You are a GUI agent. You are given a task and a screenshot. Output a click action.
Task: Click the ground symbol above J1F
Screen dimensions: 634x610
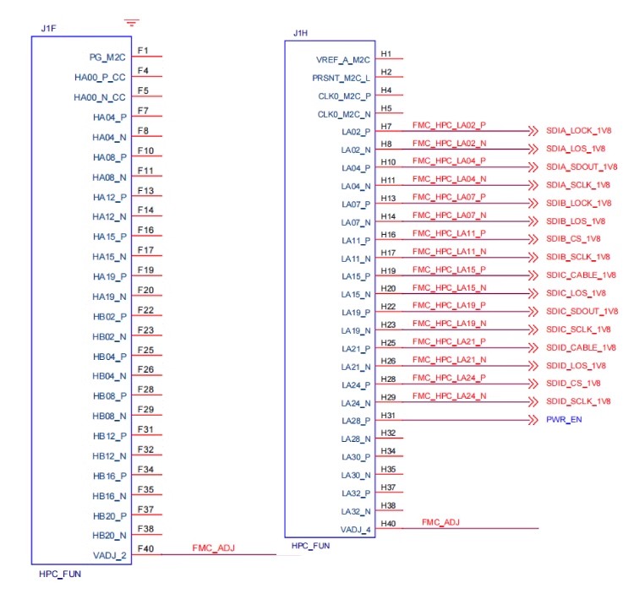131,22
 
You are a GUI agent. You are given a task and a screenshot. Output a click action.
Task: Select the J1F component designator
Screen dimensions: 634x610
48,28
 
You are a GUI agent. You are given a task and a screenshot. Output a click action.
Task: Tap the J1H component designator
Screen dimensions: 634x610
300,33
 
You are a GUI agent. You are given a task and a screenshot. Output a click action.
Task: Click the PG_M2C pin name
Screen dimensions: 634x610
107,57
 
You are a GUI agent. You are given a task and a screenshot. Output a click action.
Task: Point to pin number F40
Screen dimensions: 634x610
145,548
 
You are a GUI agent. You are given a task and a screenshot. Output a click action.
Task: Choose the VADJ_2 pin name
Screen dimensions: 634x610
110,556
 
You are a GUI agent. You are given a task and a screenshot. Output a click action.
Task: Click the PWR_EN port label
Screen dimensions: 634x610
564,420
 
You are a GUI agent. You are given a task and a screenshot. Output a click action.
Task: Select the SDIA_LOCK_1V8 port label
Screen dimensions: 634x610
578,131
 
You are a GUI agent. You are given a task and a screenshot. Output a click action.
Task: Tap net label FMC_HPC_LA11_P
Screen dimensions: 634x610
449,233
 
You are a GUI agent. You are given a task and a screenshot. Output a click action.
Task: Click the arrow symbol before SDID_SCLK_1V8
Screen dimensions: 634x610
533,401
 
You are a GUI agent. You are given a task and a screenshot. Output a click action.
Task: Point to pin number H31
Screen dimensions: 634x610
388,415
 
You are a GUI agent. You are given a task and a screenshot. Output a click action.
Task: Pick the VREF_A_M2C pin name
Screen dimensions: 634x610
343,60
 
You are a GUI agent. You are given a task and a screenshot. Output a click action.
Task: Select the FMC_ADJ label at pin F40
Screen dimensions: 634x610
214,548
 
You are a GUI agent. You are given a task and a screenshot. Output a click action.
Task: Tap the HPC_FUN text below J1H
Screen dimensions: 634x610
310,546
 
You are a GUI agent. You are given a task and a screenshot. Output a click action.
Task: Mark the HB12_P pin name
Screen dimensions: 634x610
110,437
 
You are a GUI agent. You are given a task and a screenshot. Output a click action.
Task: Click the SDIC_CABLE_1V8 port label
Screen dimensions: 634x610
581,275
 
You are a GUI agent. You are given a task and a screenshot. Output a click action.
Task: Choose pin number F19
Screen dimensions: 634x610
145,270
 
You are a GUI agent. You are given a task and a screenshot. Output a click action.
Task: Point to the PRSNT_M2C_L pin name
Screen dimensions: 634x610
342,78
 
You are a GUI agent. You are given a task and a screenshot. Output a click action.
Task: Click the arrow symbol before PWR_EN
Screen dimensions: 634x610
533,420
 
